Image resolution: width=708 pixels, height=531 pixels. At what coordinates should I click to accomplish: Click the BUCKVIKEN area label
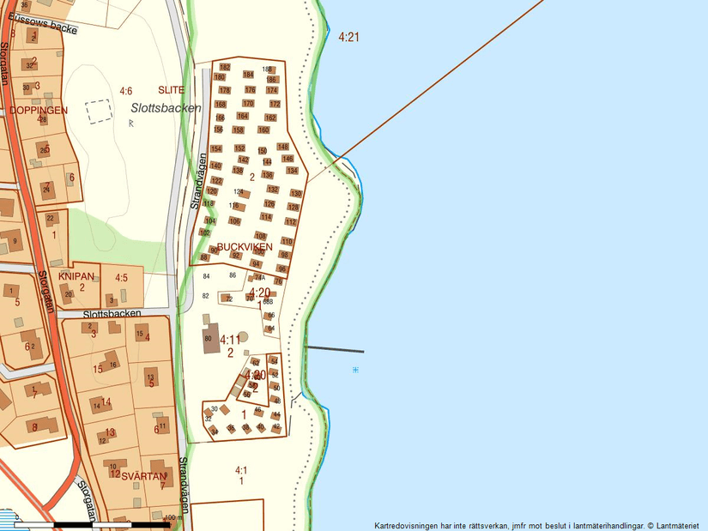point(245,247)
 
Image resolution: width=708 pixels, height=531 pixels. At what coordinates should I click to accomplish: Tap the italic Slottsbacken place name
point(166,108)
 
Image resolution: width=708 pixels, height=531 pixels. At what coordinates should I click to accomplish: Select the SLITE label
point(171,90)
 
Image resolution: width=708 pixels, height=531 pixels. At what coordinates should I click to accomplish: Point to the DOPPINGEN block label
point(39,111)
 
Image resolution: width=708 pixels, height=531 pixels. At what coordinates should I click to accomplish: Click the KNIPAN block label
point(75,276)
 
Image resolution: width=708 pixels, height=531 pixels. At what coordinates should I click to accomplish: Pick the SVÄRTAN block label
point(142,475)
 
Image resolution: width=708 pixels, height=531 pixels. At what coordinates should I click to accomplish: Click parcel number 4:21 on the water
point(348,37)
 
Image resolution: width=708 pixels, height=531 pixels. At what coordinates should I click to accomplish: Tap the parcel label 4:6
point(126,91)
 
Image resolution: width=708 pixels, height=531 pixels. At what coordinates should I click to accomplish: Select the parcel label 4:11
point(230,341)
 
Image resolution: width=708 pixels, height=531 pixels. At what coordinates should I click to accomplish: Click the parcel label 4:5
point(121,278)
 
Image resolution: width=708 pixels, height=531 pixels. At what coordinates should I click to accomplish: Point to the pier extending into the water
point(334,349)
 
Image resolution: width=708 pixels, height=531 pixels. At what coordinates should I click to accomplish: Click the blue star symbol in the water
point(355,370)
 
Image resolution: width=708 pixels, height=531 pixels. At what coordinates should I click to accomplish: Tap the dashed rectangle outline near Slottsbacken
point(99,112)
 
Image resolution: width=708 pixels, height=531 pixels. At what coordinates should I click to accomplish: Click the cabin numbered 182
point(225,67)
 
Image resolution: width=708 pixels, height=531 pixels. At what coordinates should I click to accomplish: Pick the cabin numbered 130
point(296,194)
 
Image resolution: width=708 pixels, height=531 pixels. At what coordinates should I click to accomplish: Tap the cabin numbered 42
point(276,425)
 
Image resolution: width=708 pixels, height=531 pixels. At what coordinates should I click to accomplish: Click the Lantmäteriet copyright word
point(677,525)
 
